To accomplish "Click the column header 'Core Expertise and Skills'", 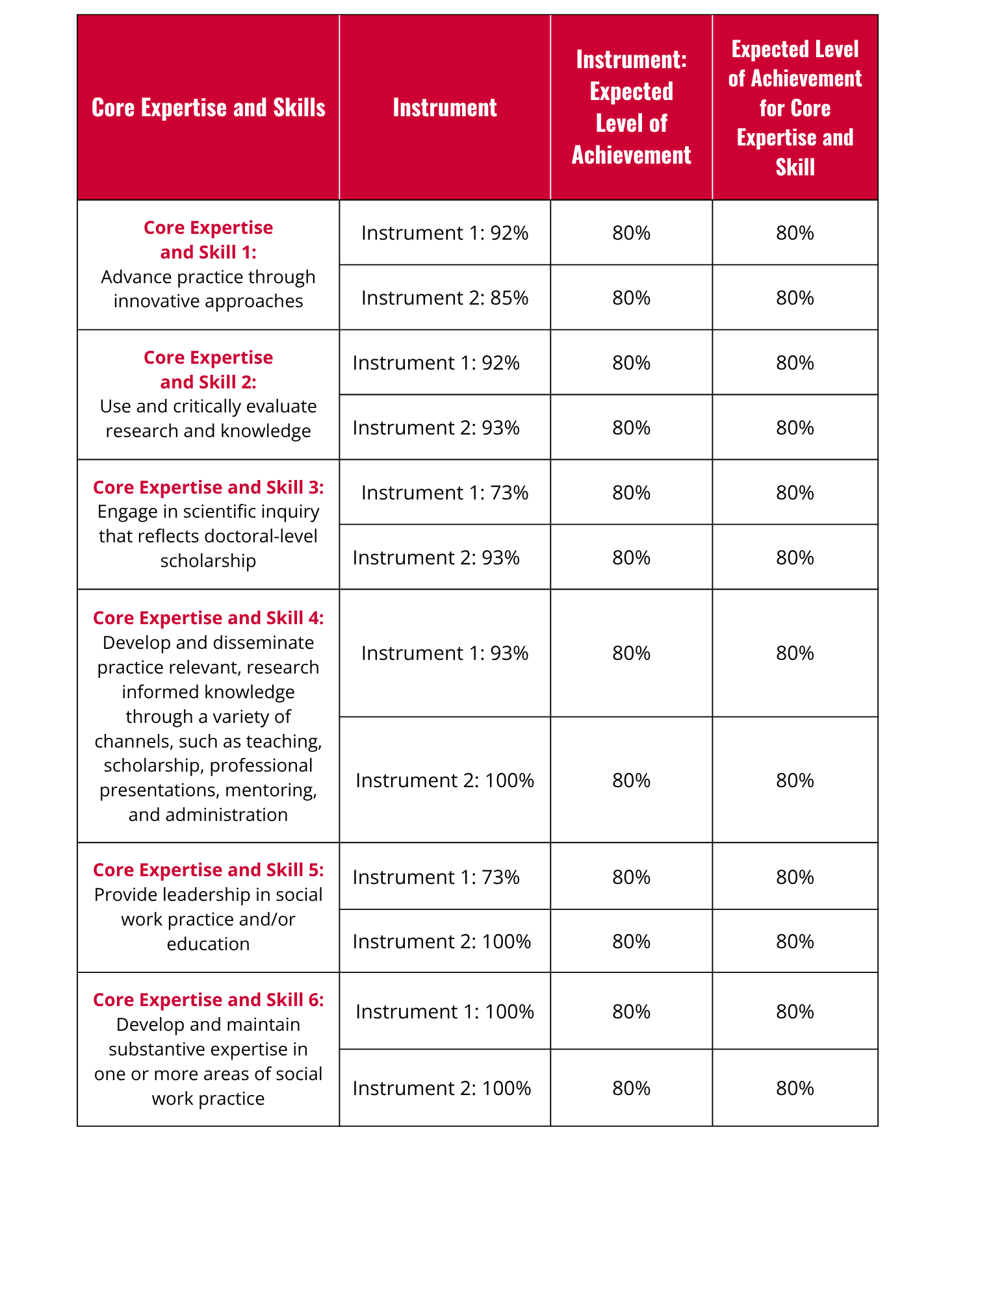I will coord(208,108).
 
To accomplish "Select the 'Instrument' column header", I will coord(444,108).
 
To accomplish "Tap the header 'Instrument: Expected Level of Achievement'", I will coord(631,108).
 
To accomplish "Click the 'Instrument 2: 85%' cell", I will coord(444,297).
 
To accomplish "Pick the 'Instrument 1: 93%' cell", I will coord(444,653).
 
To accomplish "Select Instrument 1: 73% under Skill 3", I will coord(444,492).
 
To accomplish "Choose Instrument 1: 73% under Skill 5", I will coord(436,877).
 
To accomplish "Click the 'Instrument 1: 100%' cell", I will coord(444,1011).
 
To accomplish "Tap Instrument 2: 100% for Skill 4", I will coord(444,780).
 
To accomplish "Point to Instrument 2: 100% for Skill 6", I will coord(441,1088).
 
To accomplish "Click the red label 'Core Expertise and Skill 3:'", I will coord(208,487).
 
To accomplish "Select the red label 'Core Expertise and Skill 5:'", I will coord(208,870).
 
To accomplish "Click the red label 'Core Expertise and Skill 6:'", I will coord(208,1000).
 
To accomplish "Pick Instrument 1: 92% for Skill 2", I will coord(436,362).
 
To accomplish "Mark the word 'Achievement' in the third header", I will coord(631,155).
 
